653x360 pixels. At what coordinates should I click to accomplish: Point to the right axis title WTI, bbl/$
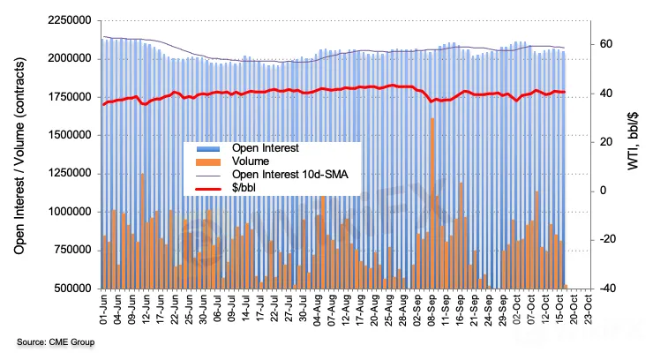[632, 154]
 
